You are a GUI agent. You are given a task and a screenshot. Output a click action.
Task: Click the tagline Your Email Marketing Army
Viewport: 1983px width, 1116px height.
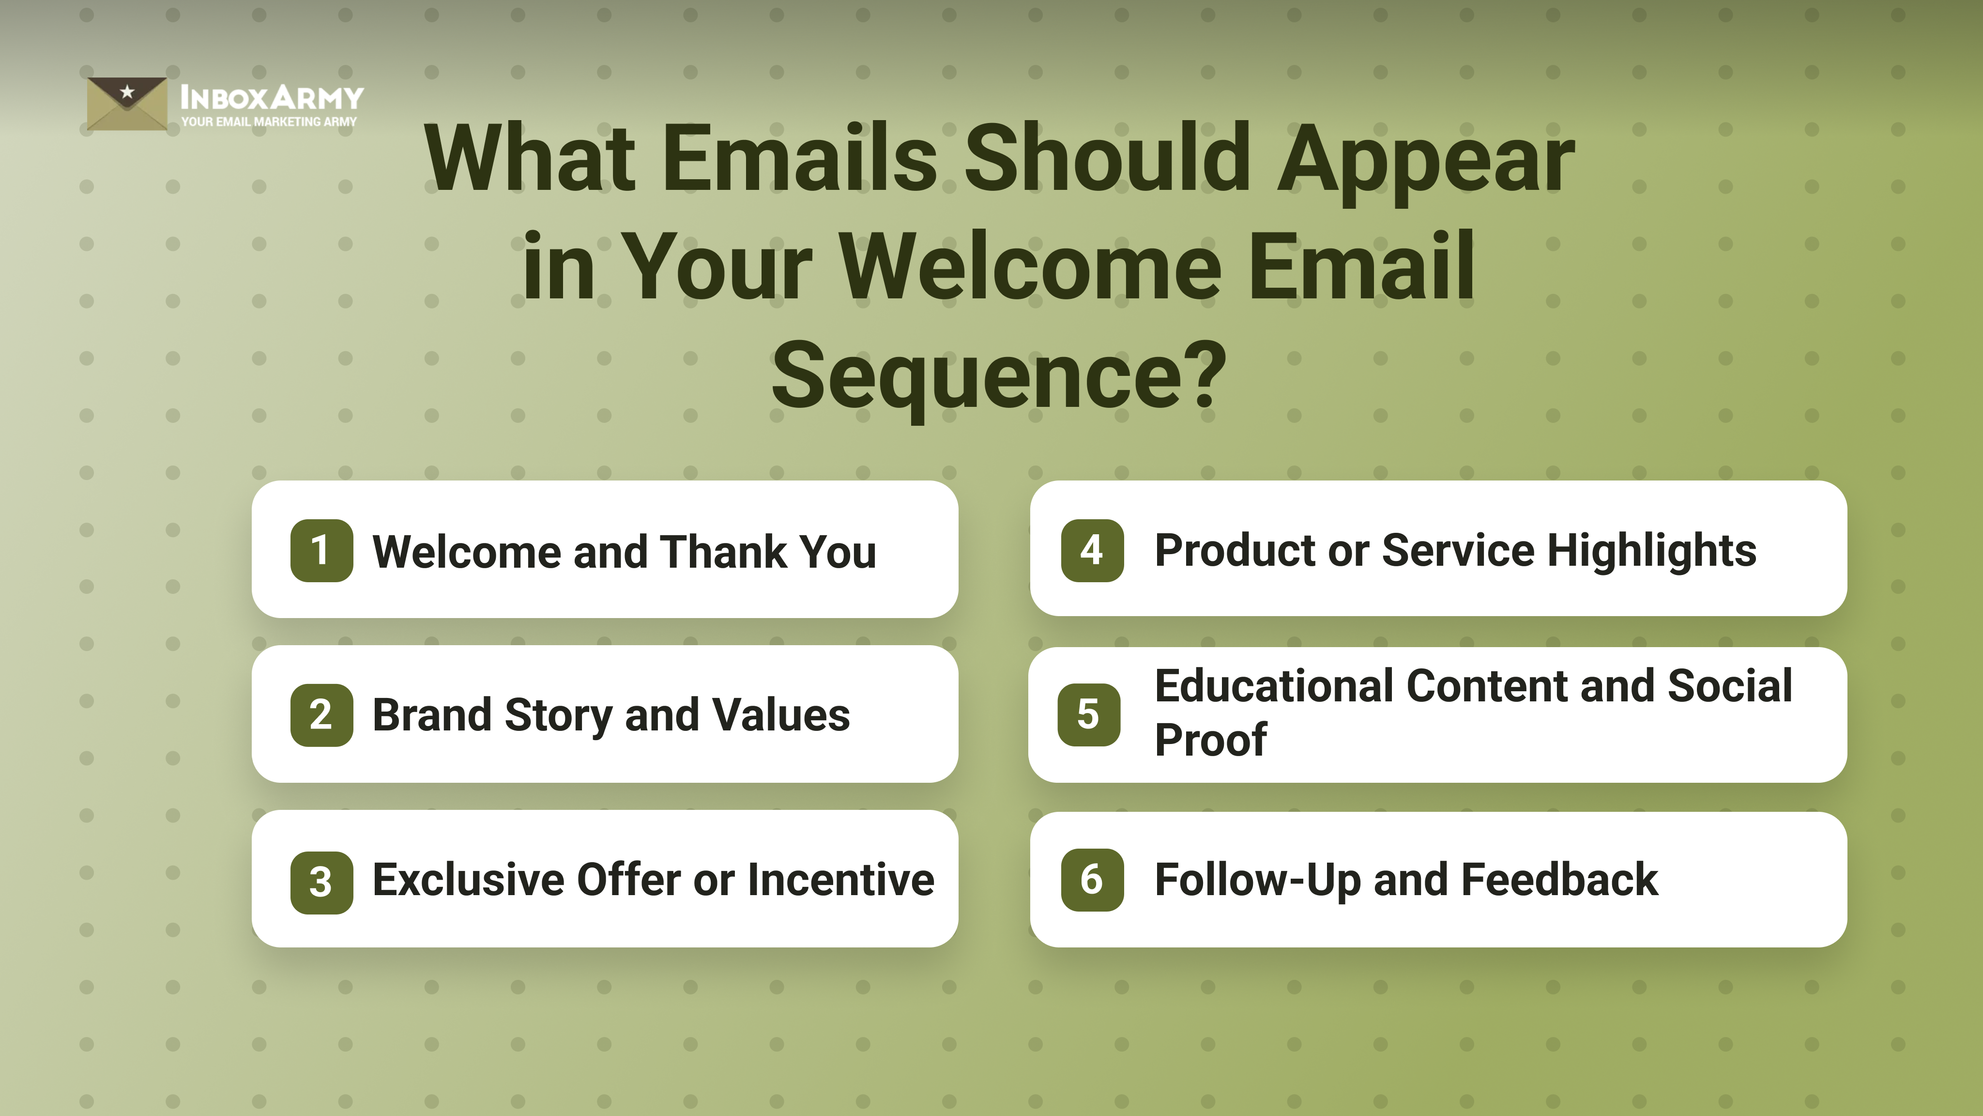click(x=269, y=122)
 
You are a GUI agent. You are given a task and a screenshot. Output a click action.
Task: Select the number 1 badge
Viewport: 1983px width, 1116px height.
click(x=321, y=551)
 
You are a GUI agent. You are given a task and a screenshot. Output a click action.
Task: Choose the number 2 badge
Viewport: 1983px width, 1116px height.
click(x=321, y=715)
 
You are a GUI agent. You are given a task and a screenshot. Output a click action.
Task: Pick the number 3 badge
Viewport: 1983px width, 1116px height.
click(x=321, y=882)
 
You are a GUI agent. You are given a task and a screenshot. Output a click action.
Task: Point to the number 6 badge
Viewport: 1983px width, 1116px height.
click(x=1092, y=880)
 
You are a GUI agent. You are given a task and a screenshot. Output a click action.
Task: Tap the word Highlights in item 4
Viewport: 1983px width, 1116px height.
click(x=1651, y=551)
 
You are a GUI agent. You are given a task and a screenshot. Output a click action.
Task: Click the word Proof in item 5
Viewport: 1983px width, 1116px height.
click(x=1210, y=741)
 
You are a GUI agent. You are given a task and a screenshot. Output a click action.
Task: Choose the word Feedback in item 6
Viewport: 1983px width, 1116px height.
click(x=1559, y=880)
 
